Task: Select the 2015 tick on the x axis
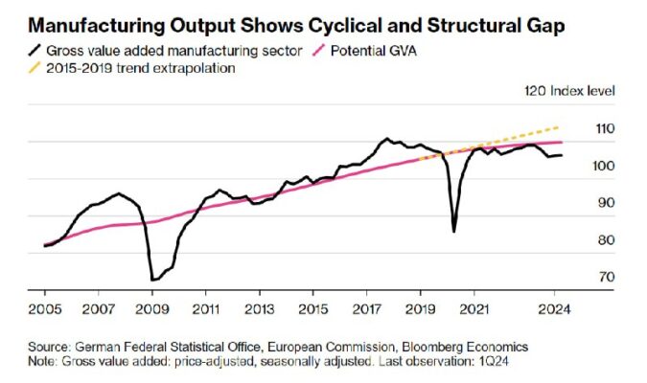(312, 310)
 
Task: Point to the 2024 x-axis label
(553, 310)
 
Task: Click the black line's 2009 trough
(152, 280)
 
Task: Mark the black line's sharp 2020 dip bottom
(453, 231)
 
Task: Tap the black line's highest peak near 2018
(385, 139)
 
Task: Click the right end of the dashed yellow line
(560, 126)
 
